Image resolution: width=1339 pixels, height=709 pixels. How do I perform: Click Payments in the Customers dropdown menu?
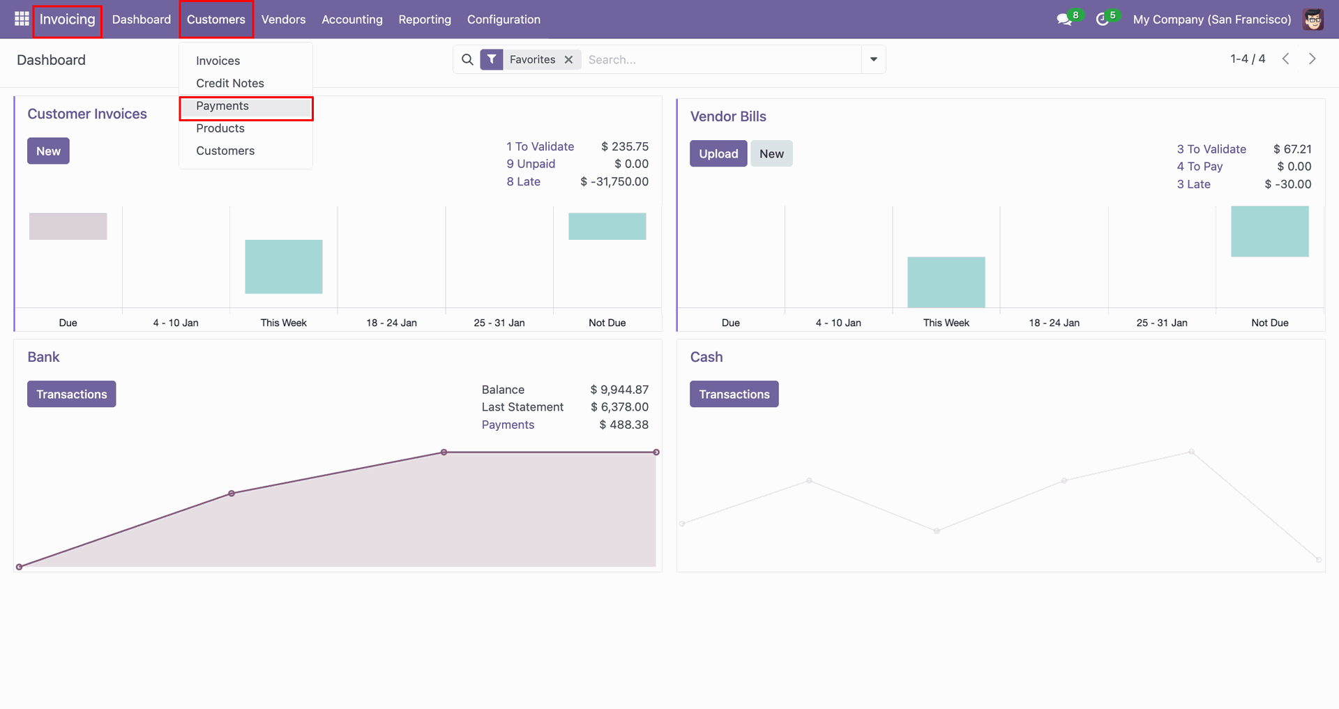(222, 106)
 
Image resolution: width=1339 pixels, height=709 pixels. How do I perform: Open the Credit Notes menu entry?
(229, 83)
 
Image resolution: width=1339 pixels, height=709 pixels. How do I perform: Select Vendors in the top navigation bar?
(283, 20)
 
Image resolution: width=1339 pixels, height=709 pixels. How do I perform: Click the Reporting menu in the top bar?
(425, 20)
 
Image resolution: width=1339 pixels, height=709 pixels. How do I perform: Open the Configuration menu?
(504, 20)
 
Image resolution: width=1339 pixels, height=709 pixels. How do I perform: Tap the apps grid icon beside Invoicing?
(22, 19)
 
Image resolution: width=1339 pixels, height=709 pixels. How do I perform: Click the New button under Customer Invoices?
(48, 151)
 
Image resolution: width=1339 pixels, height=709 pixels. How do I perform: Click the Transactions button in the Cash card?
(734, 394)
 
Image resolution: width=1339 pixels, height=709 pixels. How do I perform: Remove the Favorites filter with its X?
(569, 60)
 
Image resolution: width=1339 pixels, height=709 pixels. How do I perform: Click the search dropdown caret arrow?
(873, 60)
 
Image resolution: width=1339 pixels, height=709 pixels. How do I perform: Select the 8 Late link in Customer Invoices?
(523, 181)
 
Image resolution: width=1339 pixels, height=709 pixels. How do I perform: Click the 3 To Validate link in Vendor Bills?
(1211, 149)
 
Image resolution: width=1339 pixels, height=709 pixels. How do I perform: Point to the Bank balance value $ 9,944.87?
(619, 390)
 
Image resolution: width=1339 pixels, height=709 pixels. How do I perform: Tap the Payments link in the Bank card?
(508, 425)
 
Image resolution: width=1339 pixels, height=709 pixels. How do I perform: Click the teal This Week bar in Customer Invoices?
(284, 266)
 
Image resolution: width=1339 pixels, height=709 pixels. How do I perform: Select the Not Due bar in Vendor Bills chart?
(1269, 231)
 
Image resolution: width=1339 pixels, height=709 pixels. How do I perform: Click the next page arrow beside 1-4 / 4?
(1312, 59)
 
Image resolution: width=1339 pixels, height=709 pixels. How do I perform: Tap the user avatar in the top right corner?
(1313, 20)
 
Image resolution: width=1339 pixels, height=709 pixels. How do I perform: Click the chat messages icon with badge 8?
(1064, 20)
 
